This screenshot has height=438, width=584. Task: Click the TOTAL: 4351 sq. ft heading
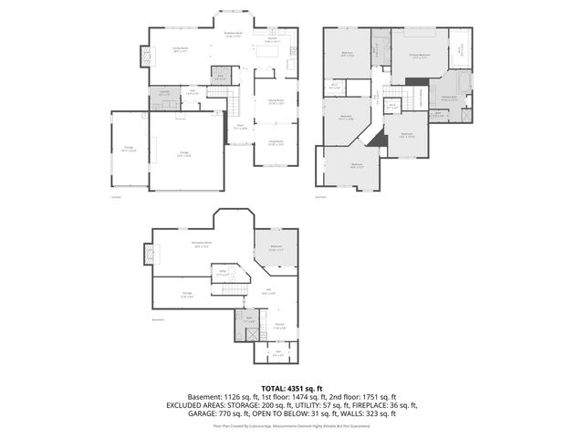292,388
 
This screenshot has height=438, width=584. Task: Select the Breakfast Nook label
233,35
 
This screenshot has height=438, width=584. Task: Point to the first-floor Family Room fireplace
143,56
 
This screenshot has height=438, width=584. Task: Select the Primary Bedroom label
420,56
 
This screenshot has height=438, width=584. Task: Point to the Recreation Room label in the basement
203,245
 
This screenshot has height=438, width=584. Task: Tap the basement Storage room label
187,295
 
